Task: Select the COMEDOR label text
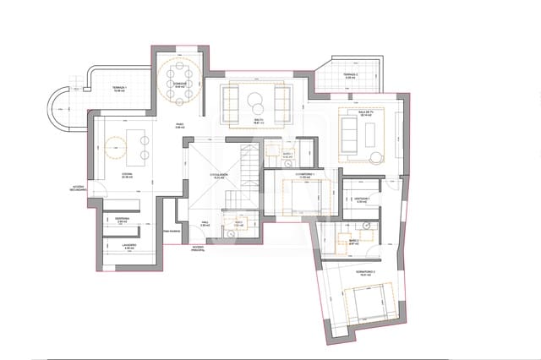[180, 84]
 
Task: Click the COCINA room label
[128, 175]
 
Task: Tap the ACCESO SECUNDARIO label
[79, 188]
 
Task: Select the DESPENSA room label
[121, 221]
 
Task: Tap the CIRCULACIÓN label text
[221, 175]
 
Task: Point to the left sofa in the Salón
[231, 103]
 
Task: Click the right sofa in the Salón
[281, 103]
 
